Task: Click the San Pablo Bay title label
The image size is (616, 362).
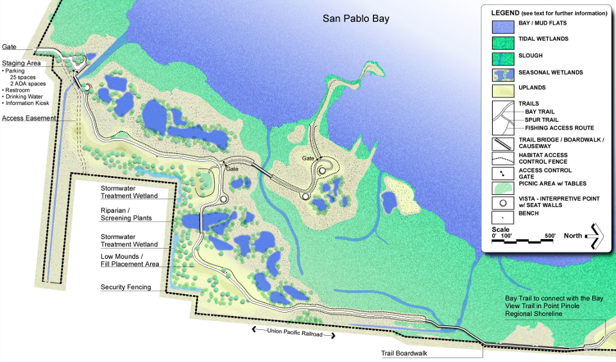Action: pyautogui.click(x=355, y=19)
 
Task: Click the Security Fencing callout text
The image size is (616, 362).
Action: pyautogui.click(x=126, y=287)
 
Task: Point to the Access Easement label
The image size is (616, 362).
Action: pyautogui.click(x=30, y=118)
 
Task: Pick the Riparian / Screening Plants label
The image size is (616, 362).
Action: pyautogui.click(x=126, y=214)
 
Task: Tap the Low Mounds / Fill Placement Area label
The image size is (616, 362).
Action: pyautogui.click(x=130, y=259)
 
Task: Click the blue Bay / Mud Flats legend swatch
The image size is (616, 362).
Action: pyautogui.click(x=502, y=27)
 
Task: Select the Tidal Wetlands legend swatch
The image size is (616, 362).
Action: pyautogui.click(x=502, y=42)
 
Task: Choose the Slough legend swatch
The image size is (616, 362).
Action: pyautogui.click(x=502, y=59)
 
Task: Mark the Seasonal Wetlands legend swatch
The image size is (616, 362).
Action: pyautogui.click(x=502, y=74)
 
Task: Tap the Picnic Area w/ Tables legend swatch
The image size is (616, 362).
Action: pyautogui.click(x=502, y=186)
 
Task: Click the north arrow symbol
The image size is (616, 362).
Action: pyautogui.click(x=595, y=236)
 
